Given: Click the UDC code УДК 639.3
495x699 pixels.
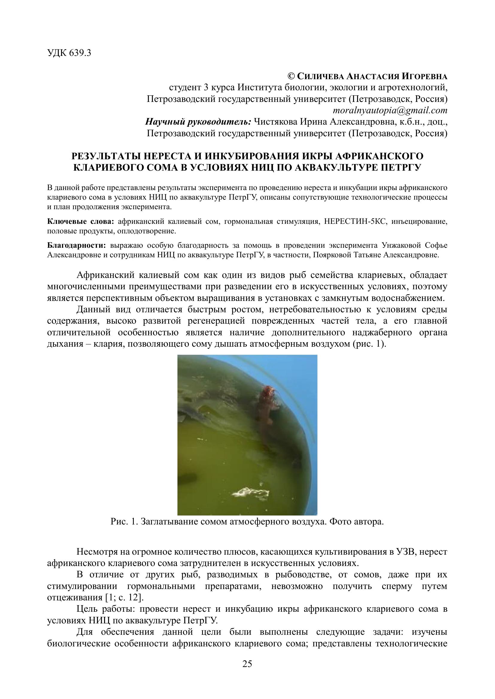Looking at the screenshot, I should tap(69, 53).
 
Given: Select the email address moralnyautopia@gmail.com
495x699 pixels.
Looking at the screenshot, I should tap(390, 110).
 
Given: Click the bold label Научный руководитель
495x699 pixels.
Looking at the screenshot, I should tap(198, 122).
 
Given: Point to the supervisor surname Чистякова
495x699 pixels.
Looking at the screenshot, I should tap(276, 122).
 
